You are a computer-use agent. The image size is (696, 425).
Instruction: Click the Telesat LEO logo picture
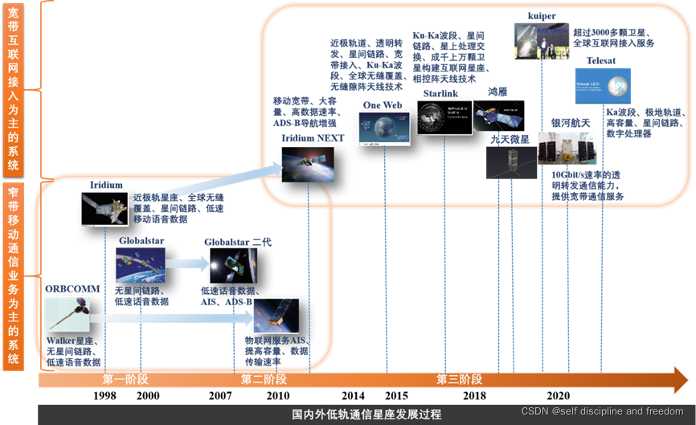[603, 86]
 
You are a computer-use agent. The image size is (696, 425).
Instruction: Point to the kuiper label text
[542, 15]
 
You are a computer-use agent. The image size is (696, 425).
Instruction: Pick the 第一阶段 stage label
[126, 379]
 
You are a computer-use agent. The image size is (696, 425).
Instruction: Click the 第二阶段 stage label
[264, 379]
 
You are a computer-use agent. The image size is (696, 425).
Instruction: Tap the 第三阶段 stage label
[459, 379]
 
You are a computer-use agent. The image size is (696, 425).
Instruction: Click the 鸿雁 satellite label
[498, 92]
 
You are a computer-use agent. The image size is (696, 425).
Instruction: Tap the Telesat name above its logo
[600, 60]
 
